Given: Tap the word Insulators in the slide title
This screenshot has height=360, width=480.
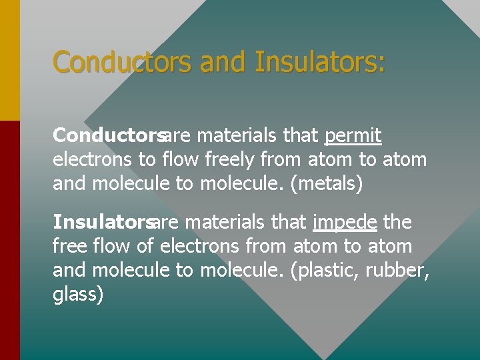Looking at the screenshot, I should coord(320,63).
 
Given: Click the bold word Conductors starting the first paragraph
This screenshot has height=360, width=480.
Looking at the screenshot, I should coord(108,136).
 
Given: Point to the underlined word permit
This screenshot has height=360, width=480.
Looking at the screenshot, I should coord(353,137).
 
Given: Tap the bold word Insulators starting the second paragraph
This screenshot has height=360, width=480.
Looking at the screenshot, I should coord(103,221).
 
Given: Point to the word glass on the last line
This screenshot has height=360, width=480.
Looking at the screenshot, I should coord(78,294).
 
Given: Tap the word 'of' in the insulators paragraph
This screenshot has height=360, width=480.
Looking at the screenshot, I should coord(145,245).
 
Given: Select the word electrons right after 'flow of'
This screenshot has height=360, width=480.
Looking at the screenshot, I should coord(199,245).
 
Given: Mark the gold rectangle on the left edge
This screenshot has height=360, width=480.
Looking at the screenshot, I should coord(10,60).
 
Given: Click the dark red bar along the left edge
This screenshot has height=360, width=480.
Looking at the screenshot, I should coord(10,240).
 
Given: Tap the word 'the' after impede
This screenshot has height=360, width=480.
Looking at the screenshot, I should coord(398,221).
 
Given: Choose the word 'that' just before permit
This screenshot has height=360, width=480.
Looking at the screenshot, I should coord(301,136).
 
